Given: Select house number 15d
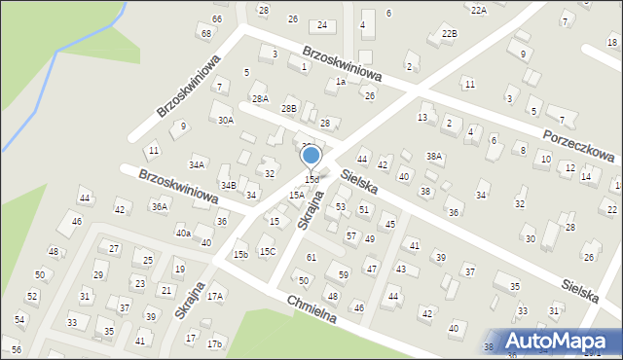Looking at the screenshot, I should click(x=311, y=180).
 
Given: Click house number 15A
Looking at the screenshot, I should click(x=296, y=195).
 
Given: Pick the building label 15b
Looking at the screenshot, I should click(x=240, y=255).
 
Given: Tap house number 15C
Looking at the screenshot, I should click(x=267, y=252).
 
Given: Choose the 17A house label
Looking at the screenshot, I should click(x=215, y=296).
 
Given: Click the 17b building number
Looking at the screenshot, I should click(x=215, y=344).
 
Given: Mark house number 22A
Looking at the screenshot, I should click(x=478, y=10).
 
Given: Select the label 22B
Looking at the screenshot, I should click(x=448, y=33).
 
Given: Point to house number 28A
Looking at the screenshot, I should click(x=260, y=98).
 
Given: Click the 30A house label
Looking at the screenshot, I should click(x=226, y=121).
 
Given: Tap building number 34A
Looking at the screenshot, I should click(x=198, y=165).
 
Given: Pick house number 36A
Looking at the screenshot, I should click(x=159, y=206).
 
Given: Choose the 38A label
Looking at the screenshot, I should click(x=434, y=156).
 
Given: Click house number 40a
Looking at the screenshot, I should click(x=182, y=234).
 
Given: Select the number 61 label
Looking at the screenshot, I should click(x=311, y=257).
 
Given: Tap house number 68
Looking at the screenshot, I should click(x=205, y=34).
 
